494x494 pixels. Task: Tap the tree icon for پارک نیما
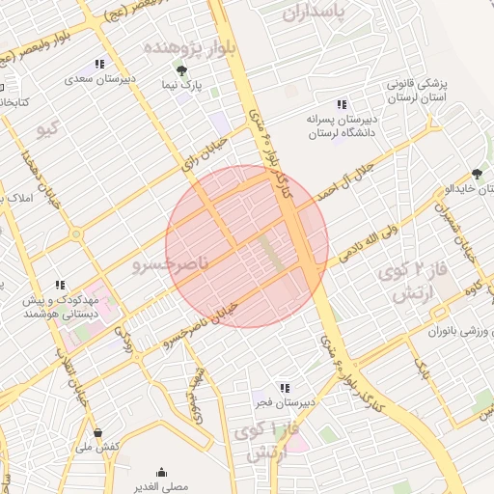click(x=181, y=69)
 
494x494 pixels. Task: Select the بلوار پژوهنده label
click(x=189, y=48)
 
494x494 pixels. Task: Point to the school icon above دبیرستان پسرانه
click(x=341, y=105)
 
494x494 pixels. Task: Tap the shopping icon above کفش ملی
click(x=97, y=432)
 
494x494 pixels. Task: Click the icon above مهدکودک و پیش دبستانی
click(x=60, y=285)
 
